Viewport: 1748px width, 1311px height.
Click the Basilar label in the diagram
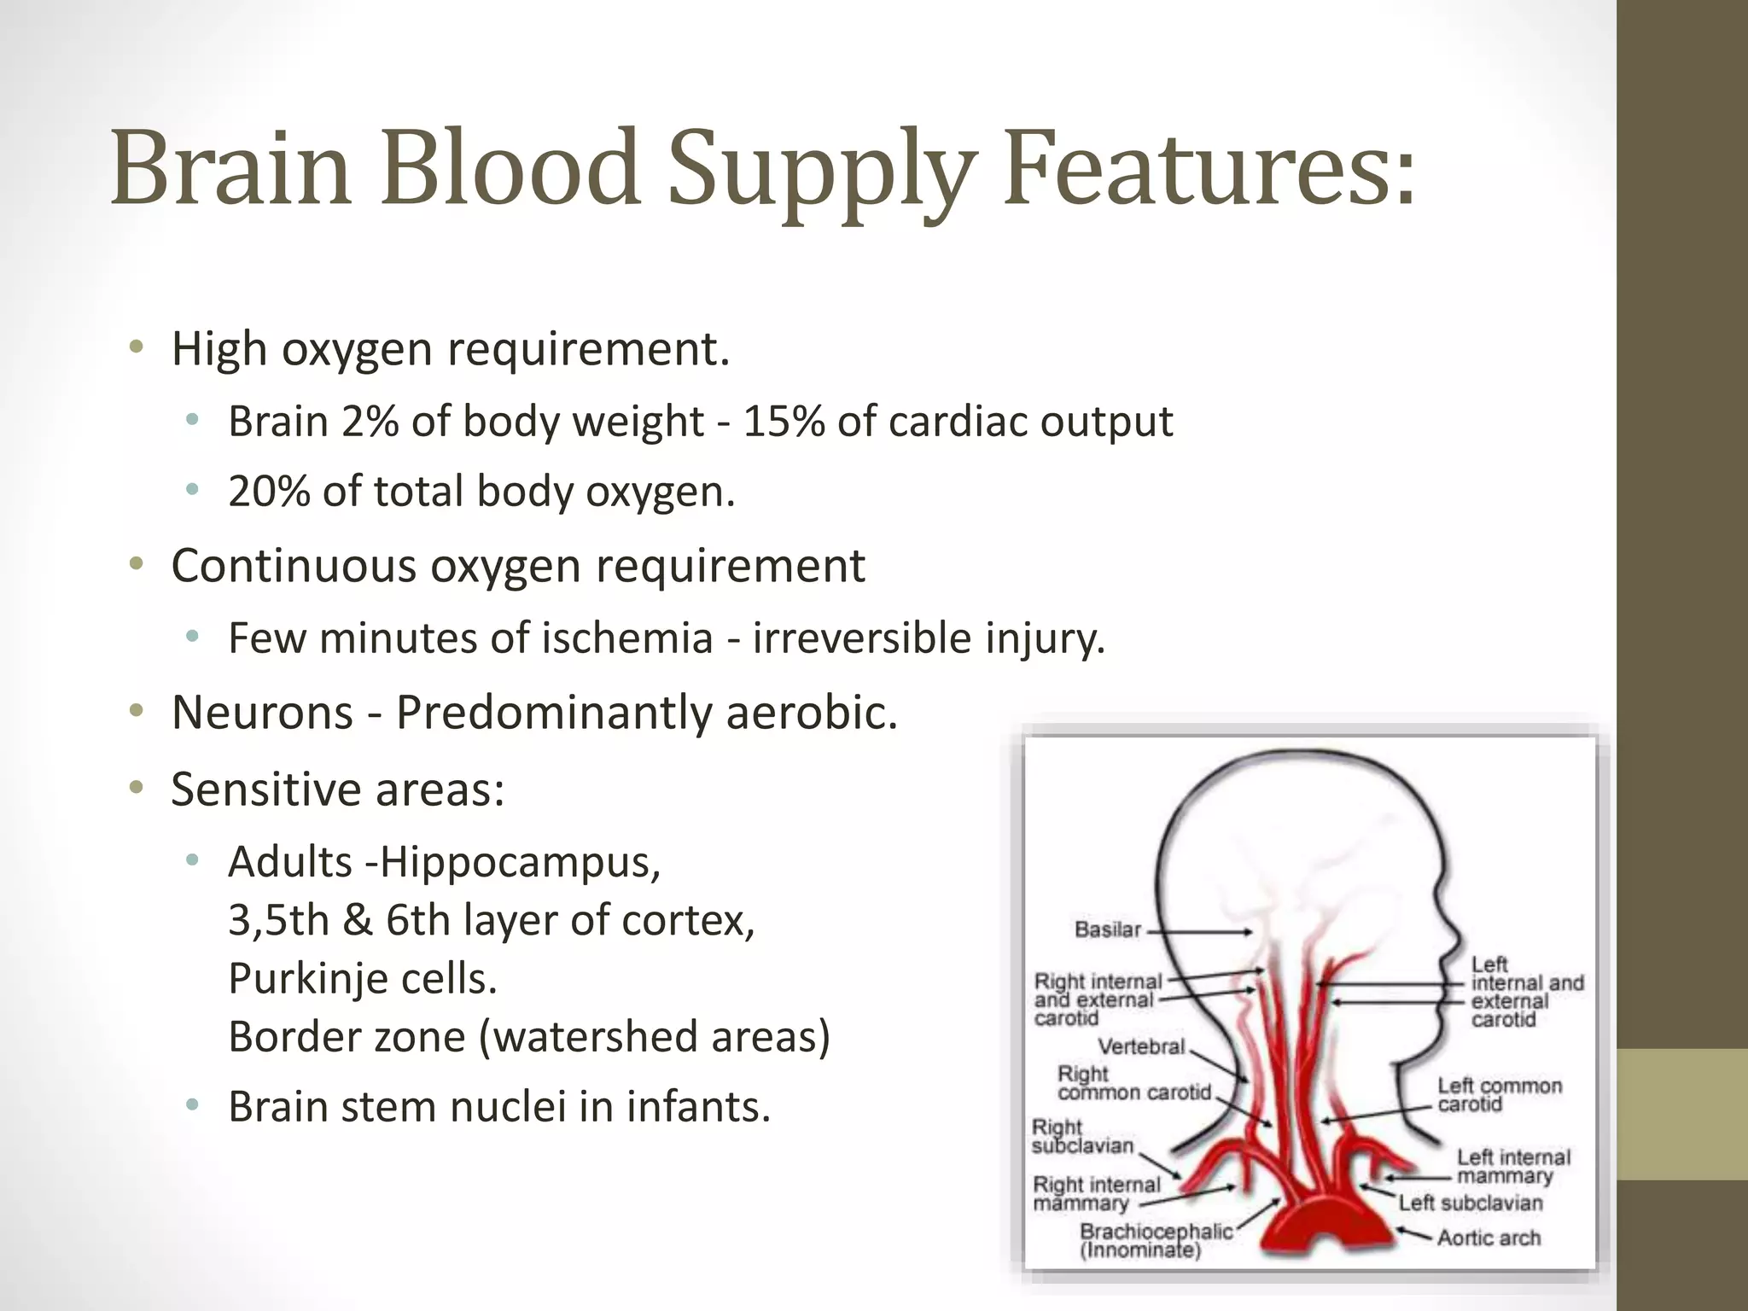click(x=1107, y=929)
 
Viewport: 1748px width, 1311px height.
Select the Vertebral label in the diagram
click(x=1141, y=1046)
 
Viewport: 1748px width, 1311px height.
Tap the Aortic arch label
click(x=1489, y=1238)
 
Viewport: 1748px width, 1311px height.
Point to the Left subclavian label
click(x=1471, y=1203)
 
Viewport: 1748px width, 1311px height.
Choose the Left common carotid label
click(x=1499, y=1094)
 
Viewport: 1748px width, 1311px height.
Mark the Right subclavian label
click(x=1081, y=1136)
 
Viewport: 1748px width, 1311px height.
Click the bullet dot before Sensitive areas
click(x=136, y=788)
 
